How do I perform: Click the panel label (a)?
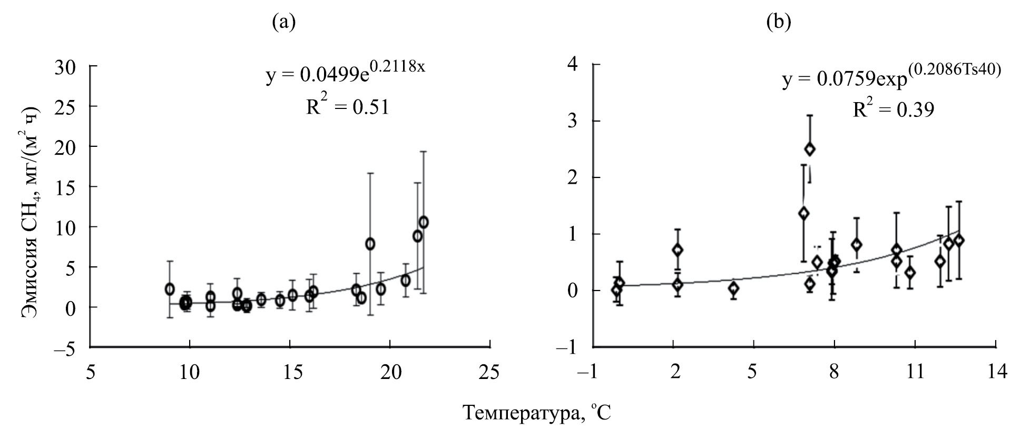(x=283, y=22)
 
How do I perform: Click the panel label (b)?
(x=779, y=22)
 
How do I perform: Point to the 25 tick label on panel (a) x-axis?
(x=490, y=372)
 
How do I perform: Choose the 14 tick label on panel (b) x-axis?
(x=995, y=372)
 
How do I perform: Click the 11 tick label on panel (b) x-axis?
(x=915, y=372)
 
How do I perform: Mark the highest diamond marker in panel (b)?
(x=810, y=149)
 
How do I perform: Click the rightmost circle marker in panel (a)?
(x=423, y=222)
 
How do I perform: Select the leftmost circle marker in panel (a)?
(x=170, y=289)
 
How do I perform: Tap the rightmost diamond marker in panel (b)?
(x=959, y=241)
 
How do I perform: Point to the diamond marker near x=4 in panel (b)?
(x=733, y=288)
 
